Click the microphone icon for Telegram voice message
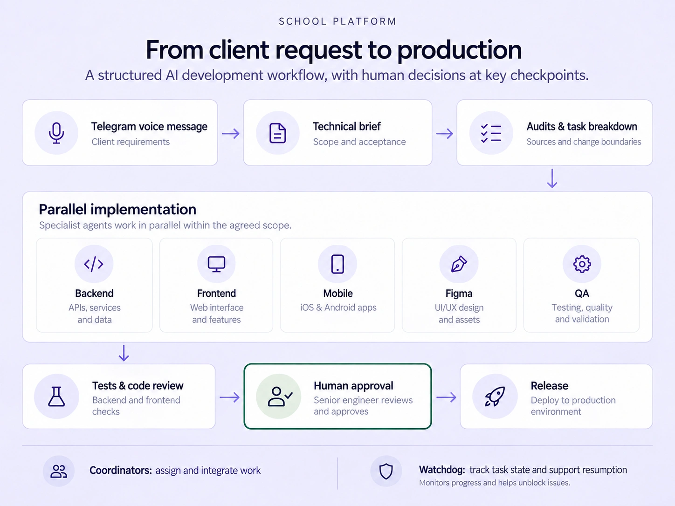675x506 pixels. click(56, 133)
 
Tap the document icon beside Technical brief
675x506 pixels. click(277, 133)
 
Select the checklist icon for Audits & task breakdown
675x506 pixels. click(491, 133)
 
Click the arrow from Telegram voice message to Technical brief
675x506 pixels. click(231, 133)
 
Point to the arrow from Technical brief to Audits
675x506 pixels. click(444, 133)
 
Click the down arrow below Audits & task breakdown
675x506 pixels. click(552, 178)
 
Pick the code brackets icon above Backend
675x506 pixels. click(94, 264)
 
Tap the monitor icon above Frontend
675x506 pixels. click(216, 264)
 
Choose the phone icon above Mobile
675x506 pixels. click(337, 264)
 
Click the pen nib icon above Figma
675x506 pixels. click(459, 264)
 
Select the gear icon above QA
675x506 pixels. click(582, 264)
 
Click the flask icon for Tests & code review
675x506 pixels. click(56, 397)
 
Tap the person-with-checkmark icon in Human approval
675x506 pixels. click(280, 397)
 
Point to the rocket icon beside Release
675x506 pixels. click(495, 397)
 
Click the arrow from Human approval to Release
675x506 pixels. click(446, 397)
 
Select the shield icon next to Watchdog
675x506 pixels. click(386, 471)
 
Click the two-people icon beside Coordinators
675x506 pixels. click(58, 471)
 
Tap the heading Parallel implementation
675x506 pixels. click(117, 210)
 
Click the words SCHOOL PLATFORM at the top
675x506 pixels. click(337, 21)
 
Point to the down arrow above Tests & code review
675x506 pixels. click(124, 353)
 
